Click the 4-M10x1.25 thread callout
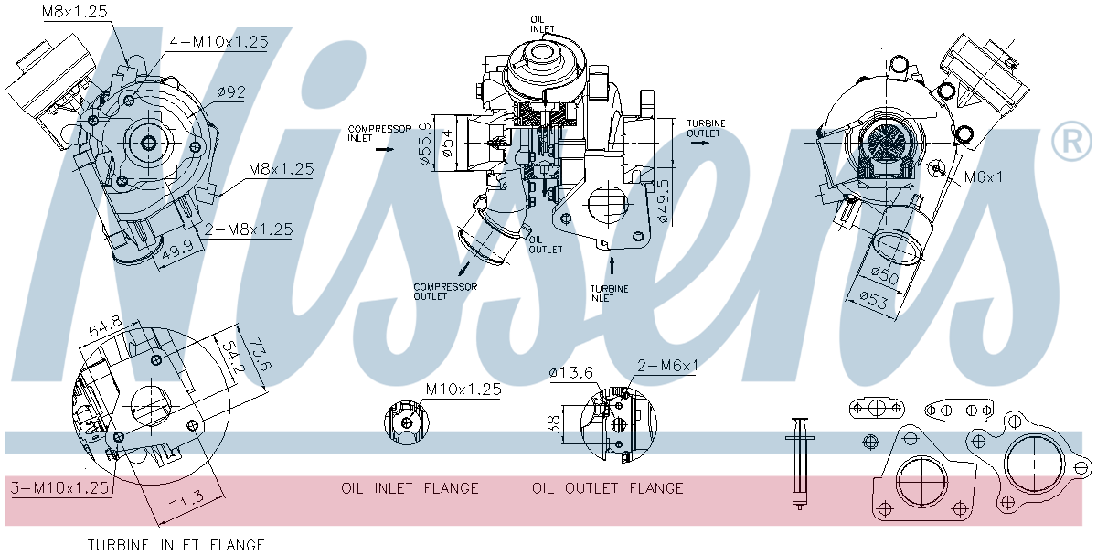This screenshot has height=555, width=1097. pos(218,42)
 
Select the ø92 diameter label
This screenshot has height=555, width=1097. pos(232,92)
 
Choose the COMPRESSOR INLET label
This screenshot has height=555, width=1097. pos(378,133)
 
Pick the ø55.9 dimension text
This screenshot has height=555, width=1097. pos(424,143)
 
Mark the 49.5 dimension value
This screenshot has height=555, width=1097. pos(664,201)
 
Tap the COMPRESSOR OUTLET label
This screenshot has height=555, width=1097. pos(445,291)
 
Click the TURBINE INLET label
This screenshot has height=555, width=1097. pos(609,293)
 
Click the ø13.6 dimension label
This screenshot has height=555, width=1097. pos(572,372)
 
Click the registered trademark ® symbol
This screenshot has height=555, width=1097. pos(1071,142)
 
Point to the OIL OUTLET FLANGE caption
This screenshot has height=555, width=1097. pos(608,488)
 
